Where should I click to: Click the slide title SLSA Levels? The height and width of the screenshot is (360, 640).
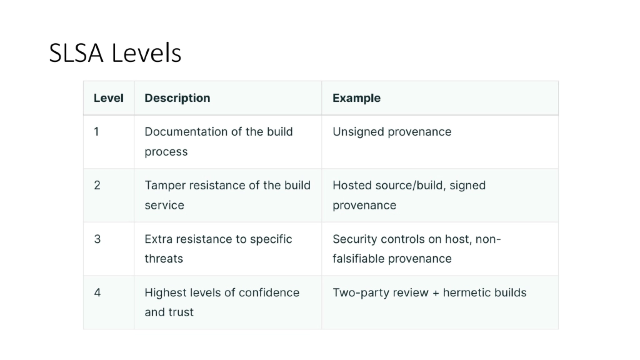115,53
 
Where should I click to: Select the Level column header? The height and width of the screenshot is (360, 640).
109,98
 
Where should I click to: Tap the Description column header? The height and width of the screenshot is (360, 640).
177,98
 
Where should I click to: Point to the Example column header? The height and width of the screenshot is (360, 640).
356,98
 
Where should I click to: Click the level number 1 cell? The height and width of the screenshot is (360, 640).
97,132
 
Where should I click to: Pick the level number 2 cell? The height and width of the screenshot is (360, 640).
97,186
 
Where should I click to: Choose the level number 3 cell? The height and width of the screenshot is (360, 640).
97,239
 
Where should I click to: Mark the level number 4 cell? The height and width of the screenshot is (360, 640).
97,292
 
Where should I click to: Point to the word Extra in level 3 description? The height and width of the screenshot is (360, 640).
157,239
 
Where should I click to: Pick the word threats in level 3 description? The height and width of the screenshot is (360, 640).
164,259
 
